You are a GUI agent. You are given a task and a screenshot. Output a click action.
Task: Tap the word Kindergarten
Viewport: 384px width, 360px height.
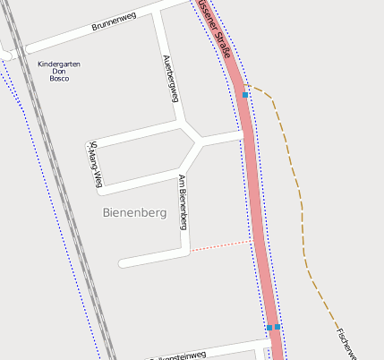click(59, 64)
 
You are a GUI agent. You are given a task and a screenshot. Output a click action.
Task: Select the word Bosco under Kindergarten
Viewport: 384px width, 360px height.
click(59, 79)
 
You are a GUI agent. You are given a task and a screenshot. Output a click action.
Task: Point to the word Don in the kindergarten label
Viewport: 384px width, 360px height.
click(59, 72)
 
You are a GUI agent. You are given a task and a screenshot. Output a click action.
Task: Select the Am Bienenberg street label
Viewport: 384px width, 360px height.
click(183, 201)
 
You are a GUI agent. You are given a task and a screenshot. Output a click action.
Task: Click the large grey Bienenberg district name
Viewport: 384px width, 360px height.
click(135, 213)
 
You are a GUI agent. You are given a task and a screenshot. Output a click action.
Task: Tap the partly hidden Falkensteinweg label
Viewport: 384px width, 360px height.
click(179, 355)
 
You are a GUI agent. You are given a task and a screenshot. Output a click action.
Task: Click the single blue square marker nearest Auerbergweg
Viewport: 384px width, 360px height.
click(245, 94)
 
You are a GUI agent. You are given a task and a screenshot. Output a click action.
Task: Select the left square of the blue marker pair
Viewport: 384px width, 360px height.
click(269, 328)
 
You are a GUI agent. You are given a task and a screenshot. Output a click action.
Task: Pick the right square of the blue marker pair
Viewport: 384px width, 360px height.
click(277, 327)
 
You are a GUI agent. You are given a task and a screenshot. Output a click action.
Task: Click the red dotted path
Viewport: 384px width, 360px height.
click(219, 246)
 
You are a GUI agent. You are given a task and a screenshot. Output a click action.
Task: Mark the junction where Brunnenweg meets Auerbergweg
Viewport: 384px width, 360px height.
click(158, 12)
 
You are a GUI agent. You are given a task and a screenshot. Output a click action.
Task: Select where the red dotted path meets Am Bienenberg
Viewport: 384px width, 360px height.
click(190, 252)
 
